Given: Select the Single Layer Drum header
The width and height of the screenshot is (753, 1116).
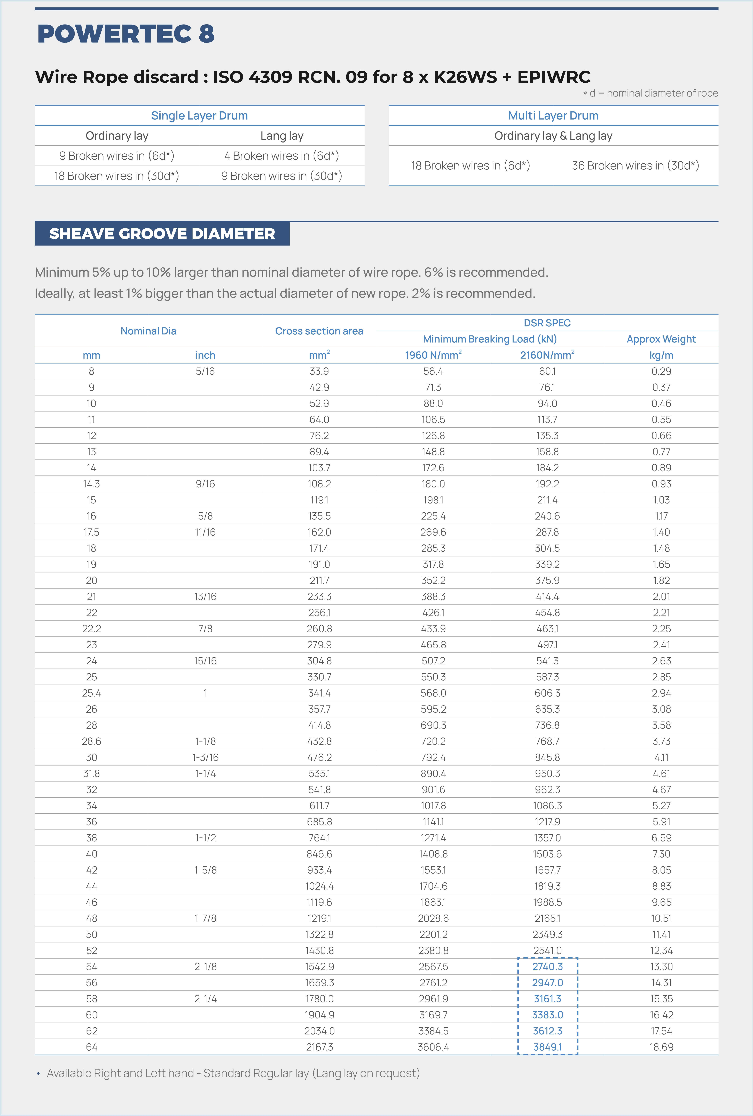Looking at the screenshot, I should pyautogui.click(x=199, y=116).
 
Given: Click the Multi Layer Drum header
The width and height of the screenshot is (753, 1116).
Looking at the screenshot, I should pyautogui.click(x=553, y=116).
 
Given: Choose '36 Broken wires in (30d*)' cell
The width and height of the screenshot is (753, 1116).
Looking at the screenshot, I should pyautogui.click(x=635, y=166).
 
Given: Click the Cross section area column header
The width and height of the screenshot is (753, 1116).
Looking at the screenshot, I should pyautogui.click(x=319, y=331).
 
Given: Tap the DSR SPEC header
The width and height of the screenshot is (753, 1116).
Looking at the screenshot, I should pyautogui.click(x=547, y=323).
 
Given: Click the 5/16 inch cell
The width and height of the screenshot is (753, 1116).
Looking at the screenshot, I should pyautogui.click(x=205, y=371).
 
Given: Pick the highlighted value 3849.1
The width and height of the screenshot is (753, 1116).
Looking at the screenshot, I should pyautogui.click(x=547, y=1047).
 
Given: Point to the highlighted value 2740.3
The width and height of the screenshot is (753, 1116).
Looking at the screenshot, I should pyautogui.click(x=547, y=966).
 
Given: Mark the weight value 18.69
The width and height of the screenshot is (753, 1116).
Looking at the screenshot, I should pyautogui.click(x=661, y=1047).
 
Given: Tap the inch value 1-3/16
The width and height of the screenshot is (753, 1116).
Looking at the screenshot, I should pyautogui.click(x=205, y=757).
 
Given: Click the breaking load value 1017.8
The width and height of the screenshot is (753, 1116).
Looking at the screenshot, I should pyautogui.click(x=433, y=806).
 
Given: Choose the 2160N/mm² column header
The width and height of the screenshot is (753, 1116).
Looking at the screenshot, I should pyautogui.click(x=547, y=355).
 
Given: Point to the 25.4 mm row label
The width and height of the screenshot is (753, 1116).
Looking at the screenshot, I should pyautogui.click(x=91, y=693).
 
